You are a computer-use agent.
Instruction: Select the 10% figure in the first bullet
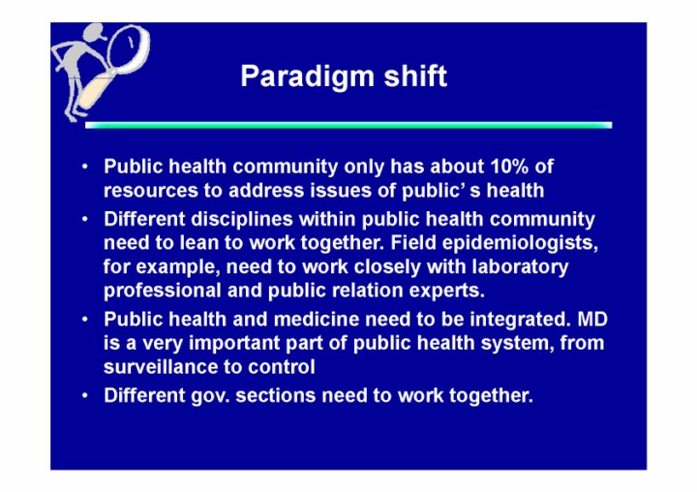pos(509,167)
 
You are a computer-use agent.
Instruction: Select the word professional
pos(163,291)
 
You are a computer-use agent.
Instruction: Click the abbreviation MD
pos(592,320)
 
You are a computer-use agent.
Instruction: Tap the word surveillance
pos(164,367)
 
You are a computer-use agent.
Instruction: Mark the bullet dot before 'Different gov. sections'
pos(85,396)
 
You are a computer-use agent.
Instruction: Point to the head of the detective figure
pos(93,33)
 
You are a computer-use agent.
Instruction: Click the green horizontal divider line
pos(348,126)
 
